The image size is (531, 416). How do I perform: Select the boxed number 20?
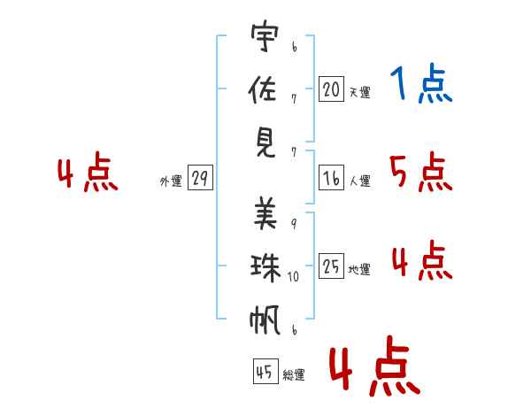331,89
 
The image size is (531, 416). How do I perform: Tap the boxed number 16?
331,178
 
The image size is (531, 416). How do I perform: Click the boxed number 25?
331,266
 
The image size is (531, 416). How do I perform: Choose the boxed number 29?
199,178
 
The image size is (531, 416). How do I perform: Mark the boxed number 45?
264,372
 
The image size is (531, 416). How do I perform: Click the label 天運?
359,92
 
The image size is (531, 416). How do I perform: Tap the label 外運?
171,181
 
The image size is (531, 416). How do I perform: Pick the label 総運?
294,375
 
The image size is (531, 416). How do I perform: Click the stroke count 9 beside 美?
293,223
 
